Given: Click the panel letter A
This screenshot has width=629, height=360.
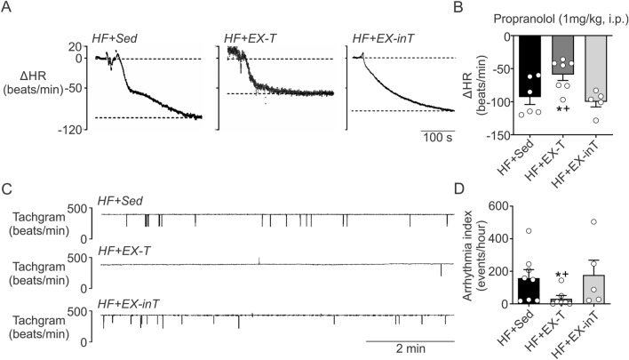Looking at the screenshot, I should click(x=7, y=7).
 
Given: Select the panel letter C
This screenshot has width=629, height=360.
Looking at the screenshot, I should click(x=7, y=189).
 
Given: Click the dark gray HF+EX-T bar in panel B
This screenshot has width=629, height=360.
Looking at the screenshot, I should click(x=558, y=53).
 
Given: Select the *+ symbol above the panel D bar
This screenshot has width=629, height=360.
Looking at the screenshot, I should click(x=558, y=276).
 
